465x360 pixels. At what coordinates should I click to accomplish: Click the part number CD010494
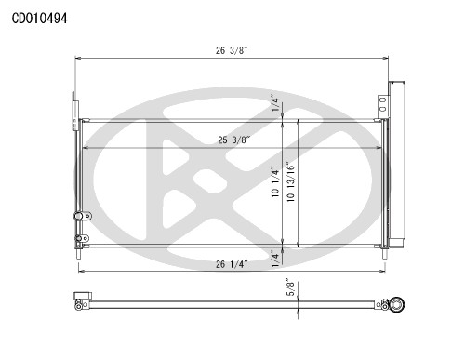click(x=39, y=17)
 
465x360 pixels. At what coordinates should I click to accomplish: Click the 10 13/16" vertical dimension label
click(x=293, y=182)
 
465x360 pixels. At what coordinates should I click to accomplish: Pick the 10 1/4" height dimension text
click(x=274, y=182)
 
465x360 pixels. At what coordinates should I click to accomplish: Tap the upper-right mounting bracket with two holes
click(x=381, y=105)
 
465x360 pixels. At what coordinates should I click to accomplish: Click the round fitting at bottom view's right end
click(x=397, y=302)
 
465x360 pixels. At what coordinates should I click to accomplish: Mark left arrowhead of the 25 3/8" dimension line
click(x=86, y=149)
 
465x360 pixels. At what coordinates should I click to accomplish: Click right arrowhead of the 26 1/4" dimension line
click(x=382, y=271)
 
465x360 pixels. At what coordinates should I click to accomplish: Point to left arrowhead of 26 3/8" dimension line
click(x=78, y=58)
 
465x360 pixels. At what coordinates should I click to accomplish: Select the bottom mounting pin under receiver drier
click(x=385, y=249)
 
